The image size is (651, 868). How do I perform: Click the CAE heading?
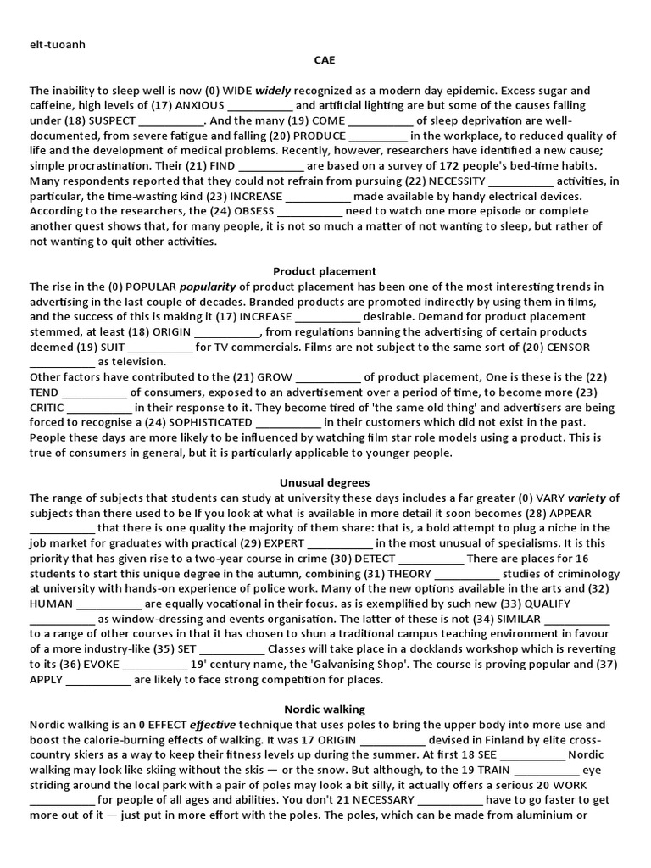324,60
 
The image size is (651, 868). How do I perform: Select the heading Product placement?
325,271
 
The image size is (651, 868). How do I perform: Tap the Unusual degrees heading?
325,483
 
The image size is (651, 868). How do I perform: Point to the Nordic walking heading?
325,709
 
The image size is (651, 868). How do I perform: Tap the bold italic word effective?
214,725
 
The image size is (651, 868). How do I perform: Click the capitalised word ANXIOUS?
200,106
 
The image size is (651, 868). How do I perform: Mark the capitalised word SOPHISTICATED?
203,422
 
